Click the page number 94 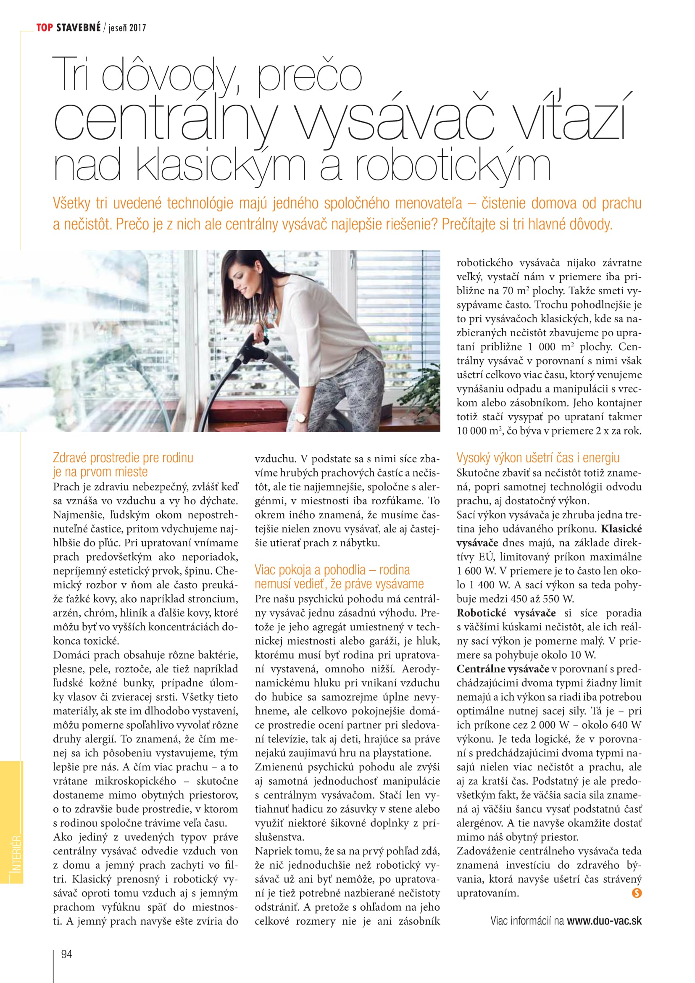[67, 954]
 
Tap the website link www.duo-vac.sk [604, 920]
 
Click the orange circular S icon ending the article [637, 893]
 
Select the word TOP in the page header [45, 28]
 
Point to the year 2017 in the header [137, 28]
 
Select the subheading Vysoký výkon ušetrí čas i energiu [537, 458]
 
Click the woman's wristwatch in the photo [302, 416]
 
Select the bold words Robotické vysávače [506, 613]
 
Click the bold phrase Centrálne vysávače [503, 669]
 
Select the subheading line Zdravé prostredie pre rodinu [123, 458]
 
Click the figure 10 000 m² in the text [479, 431]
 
